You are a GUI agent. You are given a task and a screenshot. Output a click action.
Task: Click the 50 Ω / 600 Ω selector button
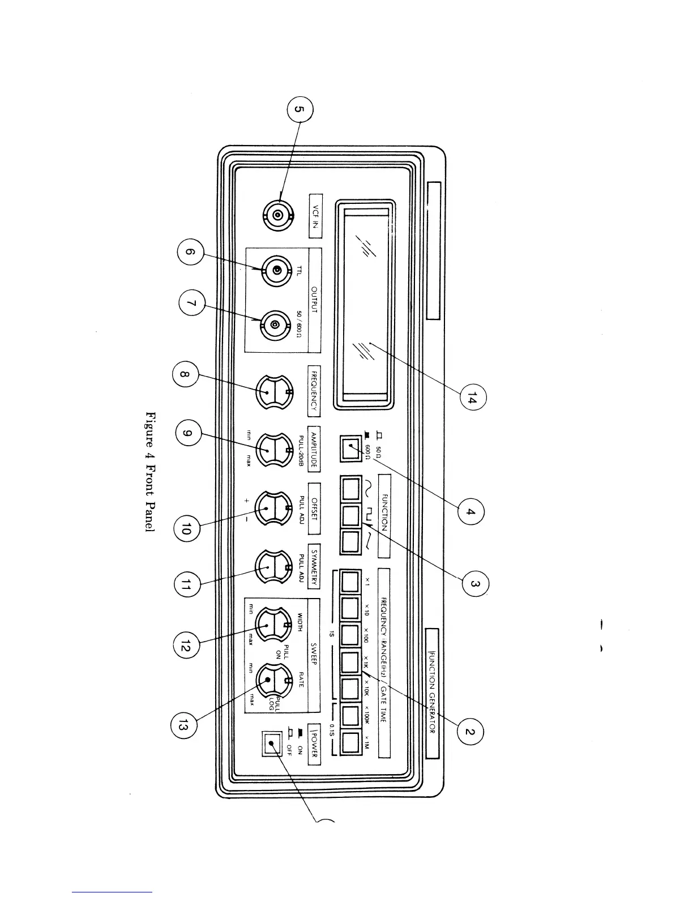tap(350, 448)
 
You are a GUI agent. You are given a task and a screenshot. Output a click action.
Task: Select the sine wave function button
tap(350, 486)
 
